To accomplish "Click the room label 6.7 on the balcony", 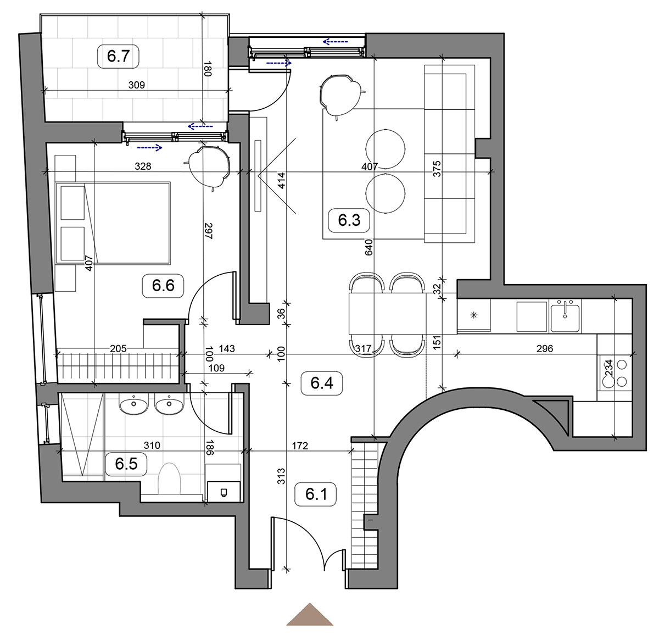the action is point(118,56).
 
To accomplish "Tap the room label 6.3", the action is point(349,220).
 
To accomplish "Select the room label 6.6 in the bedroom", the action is point(163,285).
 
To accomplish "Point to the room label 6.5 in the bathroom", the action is point(126,464).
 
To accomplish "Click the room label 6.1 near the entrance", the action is point(316,494).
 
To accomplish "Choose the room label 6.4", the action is point(321,383).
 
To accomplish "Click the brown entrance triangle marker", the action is point(310,615).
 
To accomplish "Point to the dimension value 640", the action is point(368,247).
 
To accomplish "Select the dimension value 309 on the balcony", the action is point(137,85).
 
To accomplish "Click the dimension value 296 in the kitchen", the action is point(545,348).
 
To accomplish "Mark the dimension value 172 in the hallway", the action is point(300,446).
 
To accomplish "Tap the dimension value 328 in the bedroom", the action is point(143,166).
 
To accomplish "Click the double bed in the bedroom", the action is point(113,223).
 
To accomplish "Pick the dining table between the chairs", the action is point(387,314).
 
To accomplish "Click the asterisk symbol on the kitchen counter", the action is point(474,315).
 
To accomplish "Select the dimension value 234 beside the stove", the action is point(608,368).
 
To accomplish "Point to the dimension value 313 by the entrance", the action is point(281,476).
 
